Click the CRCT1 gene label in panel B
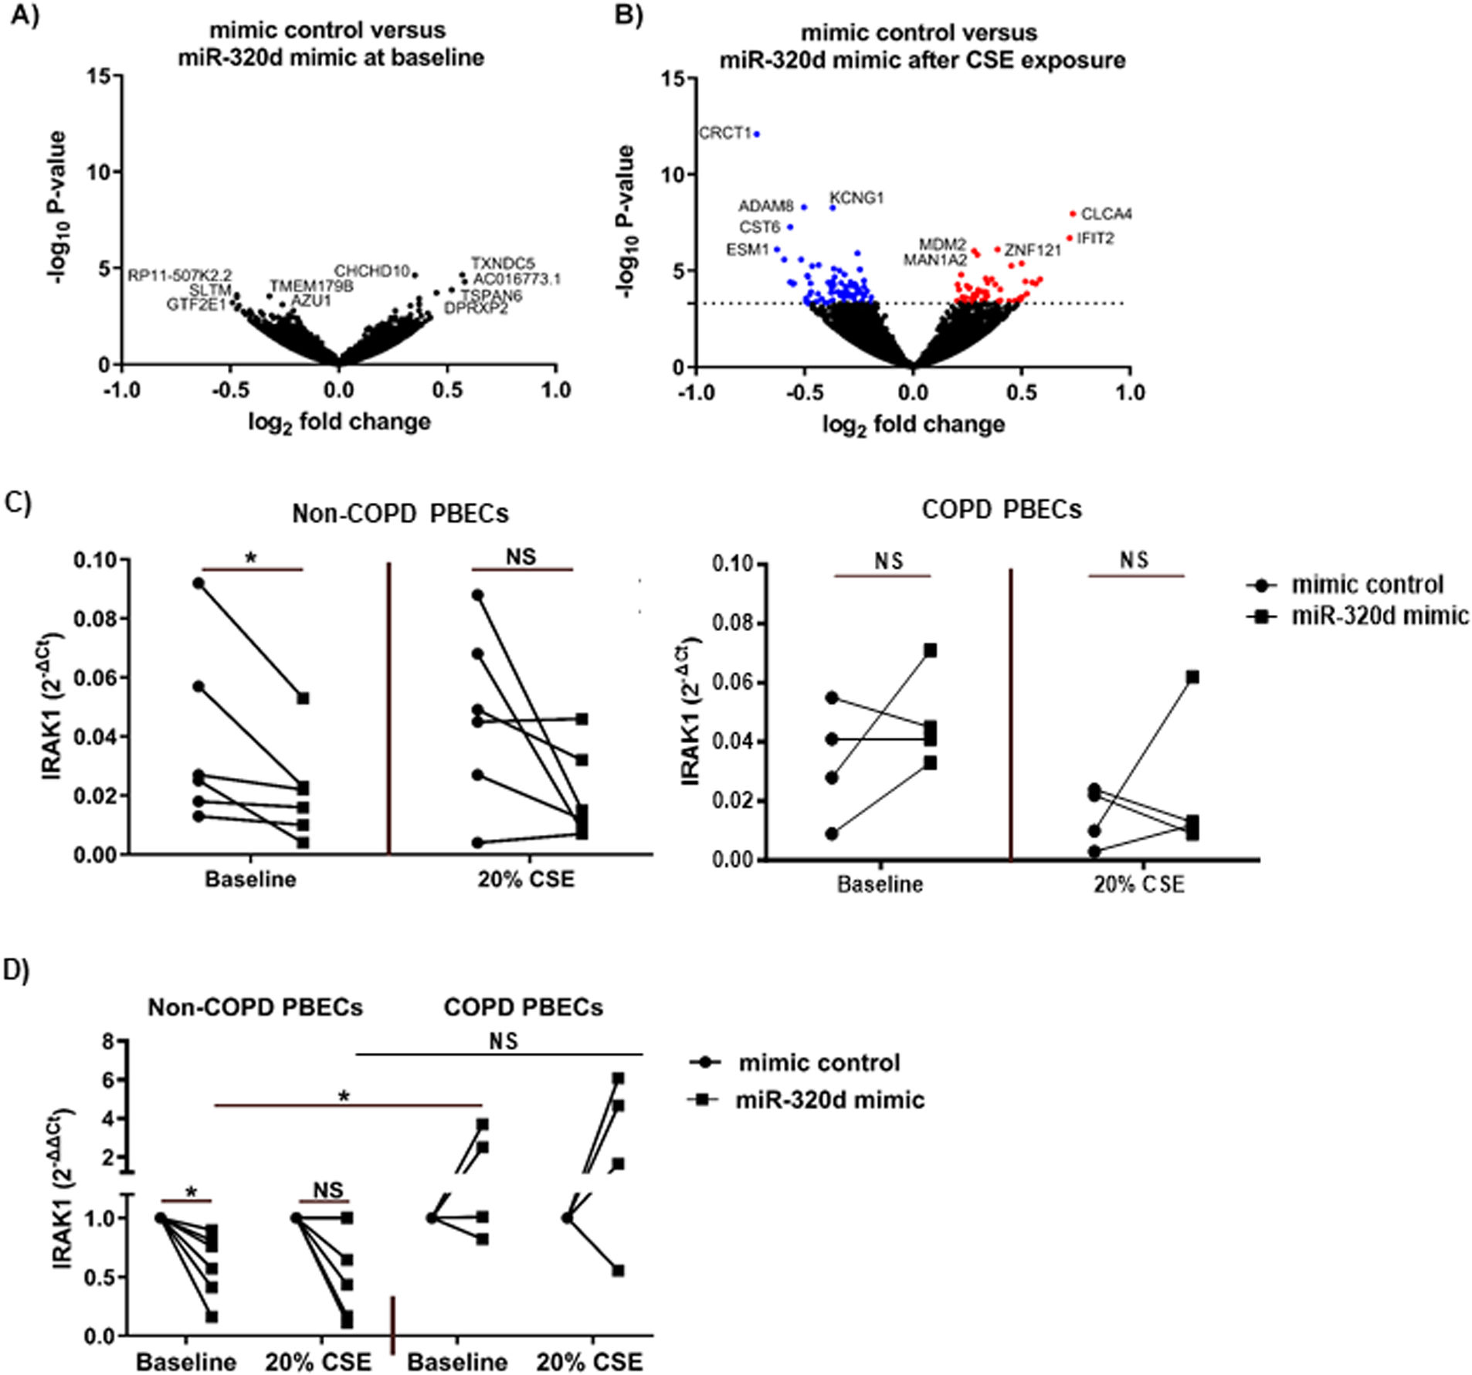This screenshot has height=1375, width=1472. pos(724,134)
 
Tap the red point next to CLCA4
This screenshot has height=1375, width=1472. pos(1073,214)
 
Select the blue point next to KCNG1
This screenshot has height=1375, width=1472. pos(833,207)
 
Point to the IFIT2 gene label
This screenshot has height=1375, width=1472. pos(1096,239)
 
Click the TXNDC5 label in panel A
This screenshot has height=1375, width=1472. pos(502,263)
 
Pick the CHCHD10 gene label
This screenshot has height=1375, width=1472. pos(371,271)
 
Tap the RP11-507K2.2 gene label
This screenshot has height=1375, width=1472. pos(179,275)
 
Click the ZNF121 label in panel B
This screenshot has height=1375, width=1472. pos(1033,250)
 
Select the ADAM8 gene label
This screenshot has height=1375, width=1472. pos(765,206)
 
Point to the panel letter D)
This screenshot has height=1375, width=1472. pos(16,970)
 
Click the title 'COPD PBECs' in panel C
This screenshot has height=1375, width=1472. pos(1002,510)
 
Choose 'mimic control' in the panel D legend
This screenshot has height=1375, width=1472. pos(819,1063)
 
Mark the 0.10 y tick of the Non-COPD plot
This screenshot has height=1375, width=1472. pos(96,559)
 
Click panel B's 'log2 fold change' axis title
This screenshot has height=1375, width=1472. pos(913,425)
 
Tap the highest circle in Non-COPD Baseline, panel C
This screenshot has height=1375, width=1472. pos(198,583)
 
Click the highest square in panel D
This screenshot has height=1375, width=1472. pos(618,1078)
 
